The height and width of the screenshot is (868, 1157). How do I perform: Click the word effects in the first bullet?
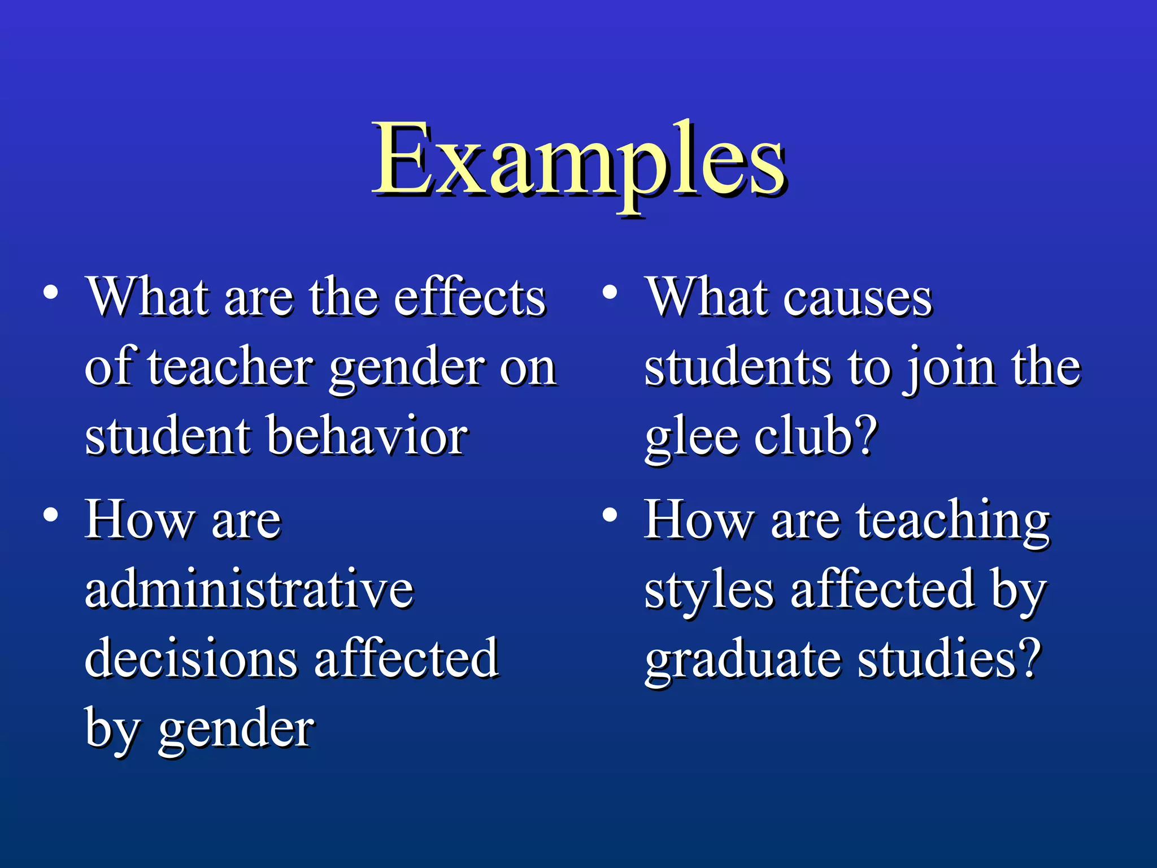[469, 297]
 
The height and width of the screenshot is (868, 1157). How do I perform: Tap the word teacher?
[230, 367]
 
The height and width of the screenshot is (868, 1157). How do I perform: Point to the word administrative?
[249, 589]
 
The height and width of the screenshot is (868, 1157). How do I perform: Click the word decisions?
[190, 658]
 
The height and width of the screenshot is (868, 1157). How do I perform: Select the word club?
[804, 436]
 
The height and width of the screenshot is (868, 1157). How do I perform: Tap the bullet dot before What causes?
[609, 293]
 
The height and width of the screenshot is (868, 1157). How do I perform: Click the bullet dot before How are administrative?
[51, 515]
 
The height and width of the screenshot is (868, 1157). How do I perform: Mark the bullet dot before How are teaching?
[609, 515]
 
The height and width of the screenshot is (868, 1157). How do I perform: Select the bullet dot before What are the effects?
[51, 293]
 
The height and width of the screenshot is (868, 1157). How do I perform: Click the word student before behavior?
[168, 436]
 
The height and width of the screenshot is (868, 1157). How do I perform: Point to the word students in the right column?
[737, 367]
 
